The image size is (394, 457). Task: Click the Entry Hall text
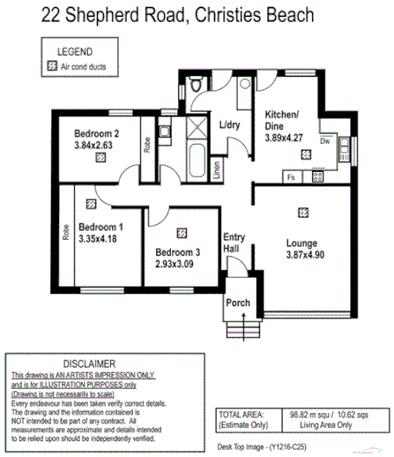coord(234,243)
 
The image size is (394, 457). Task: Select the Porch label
coord(238,303)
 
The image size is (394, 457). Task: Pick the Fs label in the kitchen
coord(291,177)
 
